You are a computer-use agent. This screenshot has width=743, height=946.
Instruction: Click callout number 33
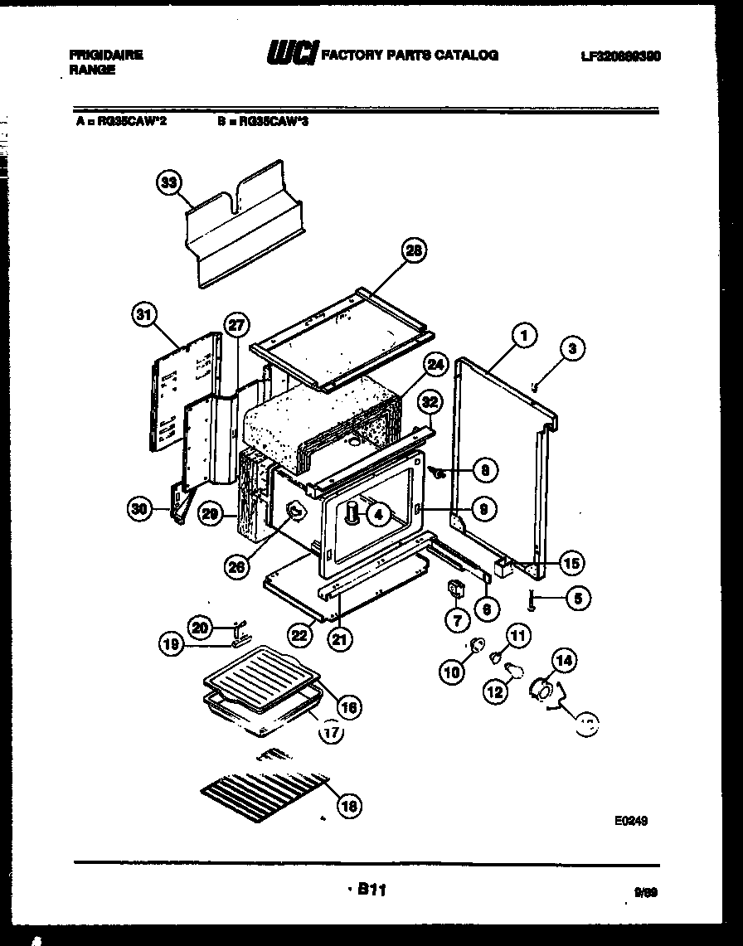169,183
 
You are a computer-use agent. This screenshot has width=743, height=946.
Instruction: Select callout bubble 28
413,249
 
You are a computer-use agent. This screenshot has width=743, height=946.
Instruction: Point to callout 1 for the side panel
523,335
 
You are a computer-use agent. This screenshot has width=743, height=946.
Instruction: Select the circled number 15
571,563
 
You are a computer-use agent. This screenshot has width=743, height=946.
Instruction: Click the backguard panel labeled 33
245,224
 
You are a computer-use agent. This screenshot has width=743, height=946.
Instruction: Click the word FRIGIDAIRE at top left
106,55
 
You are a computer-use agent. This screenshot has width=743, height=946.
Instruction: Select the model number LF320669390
621,56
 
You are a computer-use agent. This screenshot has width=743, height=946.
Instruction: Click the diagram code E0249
630,821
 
